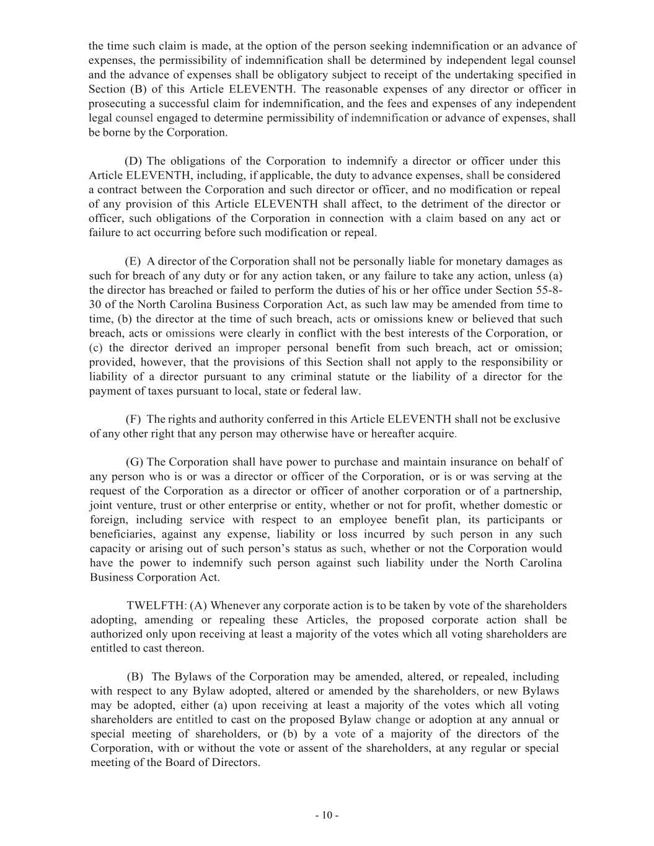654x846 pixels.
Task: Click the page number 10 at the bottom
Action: coord(327,816)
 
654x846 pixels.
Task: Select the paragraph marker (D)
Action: coord(133,161)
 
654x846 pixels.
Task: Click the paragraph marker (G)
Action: coord(135,462)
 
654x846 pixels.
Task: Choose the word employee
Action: coord(374,520)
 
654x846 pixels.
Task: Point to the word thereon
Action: coord(182,648)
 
